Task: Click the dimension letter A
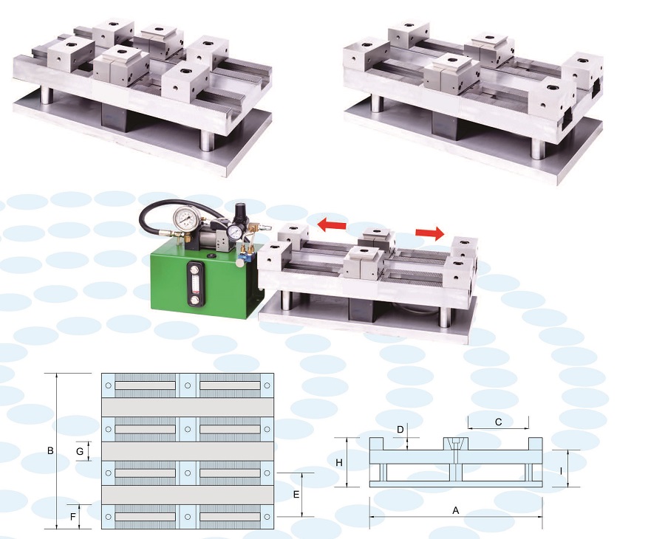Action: (456, 511)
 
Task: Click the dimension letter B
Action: (50, 451)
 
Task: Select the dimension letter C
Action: (498, 422)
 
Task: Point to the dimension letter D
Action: (400, 430)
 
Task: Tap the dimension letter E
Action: (296, 495)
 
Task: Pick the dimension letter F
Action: (73, 517)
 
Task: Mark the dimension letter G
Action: (80, 452)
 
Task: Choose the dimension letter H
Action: (339, 463)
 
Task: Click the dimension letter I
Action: (561, 471)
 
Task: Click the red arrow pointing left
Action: (332, 224)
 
